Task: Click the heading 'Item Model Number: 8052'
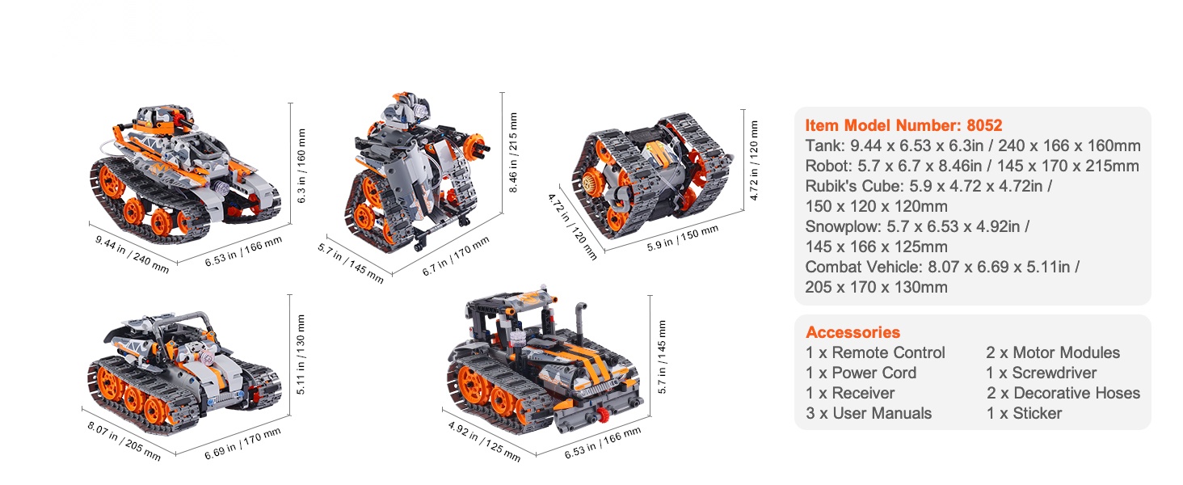[x=903, y=125]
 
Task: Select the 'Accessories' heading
[x=853, y=332]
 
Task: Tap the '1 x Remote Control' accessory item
[x=875, y=352]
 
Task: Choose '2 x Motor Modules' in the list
[x=1053, y=352]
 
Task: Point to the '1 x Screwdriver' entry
[x=1042, y=373]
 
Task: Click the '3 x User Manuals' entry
[x=869, y=413]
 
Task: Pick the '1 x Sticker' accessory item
[x=1024, y=413]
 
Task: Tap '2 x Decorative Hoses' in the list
[x=1063, y=393]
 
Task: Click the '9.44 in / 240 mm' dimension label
[x=132, y=255]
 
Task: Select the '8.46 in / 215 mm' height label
[x=513, y=153]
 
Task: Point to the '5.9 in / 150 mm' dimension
[x=682, y=238]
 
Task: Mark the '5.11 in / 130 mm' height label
[x=301, y=355]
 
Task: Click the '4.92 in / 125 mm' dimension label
[x=484, y=441]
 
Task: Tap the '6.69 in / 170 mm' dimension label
[x=243, y=443]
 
